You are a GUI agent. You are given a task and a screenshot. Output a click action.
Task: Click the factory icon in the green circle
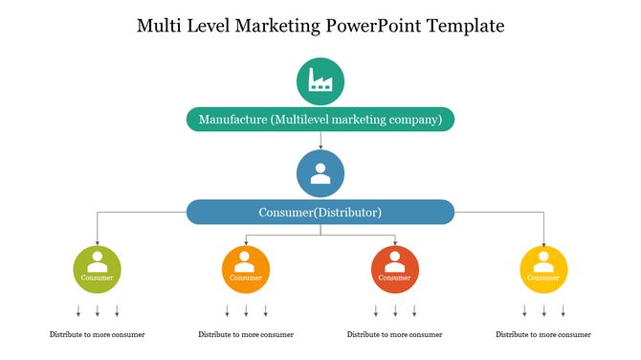coord(320,81)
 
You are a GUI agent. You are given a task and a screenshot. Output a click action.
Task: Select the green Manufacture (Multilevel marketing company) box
coord(320,120)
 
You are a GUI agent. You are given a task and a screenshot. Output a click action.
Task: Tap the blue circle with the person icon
coord(320,174)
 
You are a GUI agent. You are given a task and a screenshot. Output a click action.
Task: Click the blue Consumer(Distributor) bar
coord(320,212)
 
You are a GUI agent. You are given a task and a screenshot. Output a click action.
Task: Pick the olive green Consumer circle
coord(98,269)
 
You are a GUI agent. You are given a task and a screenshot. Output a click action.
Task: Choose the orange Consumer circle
coord(246,269)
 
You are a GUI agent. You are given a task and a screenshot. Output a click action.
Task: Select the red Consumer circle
coord(394,269)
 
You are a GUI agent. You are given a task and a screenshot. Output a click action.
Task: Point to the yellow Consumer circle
coord(543,269)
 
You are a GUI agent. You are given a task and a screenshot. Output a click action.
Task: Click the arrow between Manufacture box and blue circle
coord(320,141)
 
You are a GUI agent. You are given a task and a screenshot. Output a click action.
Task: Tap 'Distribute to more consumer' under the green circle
coord(98,335)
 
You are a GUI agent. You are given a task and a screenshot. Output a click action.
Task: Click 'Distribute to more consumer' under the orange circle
coord(246,335)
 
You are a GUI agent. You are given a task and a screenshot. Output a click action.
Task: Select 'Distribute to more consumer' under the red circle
coord(394,335)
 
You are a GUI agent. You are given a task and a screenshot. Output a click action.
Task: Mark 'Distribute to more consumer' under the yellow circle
coord(543,335)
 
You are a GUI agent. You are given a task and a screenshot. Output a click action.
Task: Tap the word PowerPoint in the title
coord(373,26)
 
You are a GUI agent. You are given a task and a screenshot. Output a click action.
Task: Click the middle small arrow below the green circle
coord(98,310)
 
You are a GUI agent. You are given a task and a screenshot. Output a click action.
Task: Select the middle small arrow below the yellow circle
coord(543,310)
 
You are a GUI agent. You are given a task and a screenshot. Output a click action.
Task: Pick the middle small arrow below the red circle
coord(394,310)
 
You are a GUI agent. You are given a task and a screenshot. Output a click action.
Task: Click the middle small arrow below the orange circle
coord(246,310)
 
